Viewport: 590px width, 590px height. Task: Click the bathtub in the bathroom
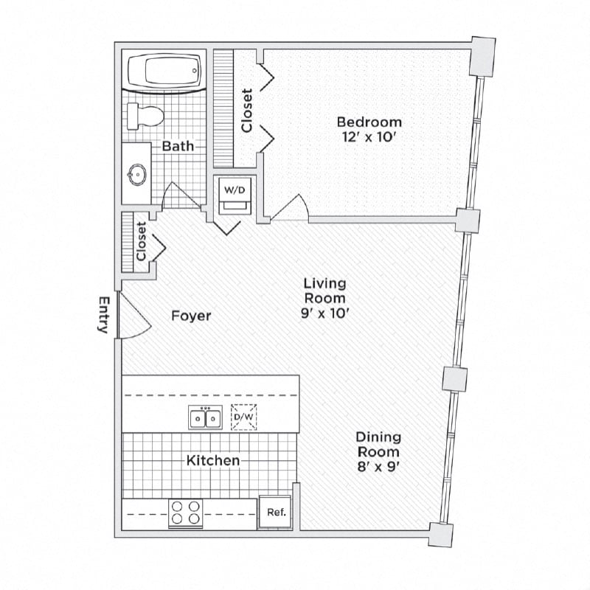click(x=164, y=72)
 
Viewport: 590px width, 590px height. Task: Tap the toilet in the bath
click(x=144, y=116)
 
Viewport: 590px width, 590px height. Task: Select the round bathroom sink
click(x=137, y=174)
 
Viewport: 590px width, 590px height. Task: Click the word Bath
click(x=178, y=146)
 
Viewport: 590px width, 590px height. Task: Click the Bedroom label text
click(x=369, y=122)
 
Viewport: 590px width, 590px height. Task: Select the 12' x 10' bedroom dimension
click(x=369, y=137)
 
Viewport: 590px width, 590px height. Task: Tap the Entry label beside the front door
click(x=104, y=315)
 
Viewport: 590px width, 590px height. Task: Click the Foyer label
click(x=191, y=316)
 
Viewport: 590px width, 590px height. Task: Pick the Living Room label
click(x=325, y=291)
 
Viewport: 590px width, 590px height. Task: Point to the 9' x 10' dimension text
click(x=325, y=313)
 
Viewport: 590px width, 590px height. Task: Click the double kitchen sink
click(x=205, y=418)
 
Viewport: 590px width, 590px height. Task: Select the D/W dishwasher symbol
click(x=243, y=417)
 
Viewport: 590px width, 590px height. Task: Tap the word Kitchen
click(x=212, y=460)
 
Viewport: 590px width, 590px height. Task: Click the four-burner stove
click(x=185, y=513)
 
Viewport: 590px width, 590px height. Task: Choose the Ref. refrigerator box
click(x=276, y=513)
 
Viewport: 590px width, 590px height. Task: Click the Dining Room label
click(x=378, y=445)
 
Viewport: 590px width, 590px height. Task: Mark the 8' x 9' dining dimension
click(x=378, y=466)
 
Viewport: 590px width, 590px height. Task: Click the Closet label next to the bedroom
click(x=247, y=111)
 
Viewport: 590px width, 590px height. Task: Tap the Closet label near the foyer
click(x=141, y=241)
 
